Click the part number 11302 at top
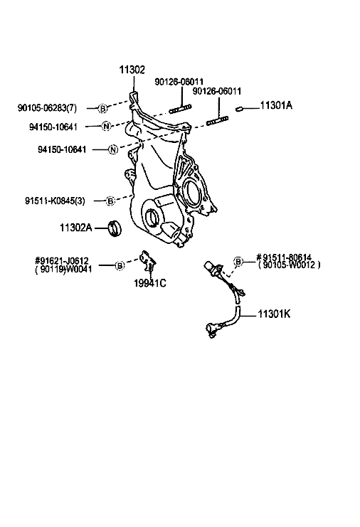[x=132, y=70]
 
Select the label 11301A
[x=276, y=105]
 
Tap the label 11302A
[x=75, y=228]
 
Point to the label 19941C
[x=150, y=283]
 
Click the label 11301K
[x=274, y=314]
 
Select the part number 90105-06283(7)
[x=47, y=108]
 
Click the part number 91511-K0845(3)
[x=55, y=201]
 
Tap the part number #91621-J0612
[x=62, y=260]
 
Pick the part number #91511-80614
[x=284, y=257]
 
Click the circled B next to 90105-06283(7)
[x=103, y=108]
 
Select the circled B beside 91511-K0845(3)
[x=110, y=201]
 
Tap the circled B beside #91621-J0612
[x=120, y=265]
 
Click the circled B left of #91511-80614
[x=238, y=261]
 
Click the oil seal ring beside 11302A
[x=115, y=228]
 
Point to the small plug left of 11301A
[x=239, y=109]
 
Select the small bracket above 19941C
[x=147, y=260]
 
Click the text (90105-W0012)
[x=290, y=265]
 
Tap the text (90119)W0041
[x=63, y=269]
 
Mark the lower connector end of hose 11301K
[x=212, y=329]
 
